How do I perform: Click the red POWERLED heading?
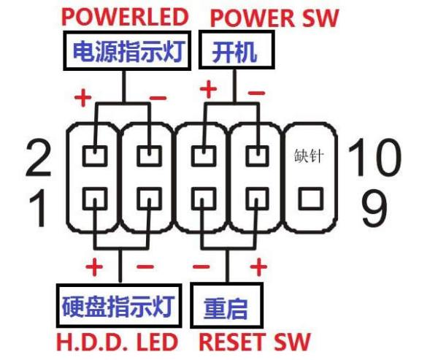click(125, 16)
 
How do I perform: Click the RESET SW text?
click(254, 341)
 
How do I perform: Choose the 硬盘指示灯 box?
click(118, 307)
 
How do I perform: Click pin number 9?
click(373, 207)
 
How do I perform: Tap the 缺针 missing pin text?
click(310, 156)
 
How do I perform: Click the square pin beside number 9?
click(310, 198)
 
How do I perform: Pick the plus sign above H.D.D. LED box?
click(94, 266)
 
